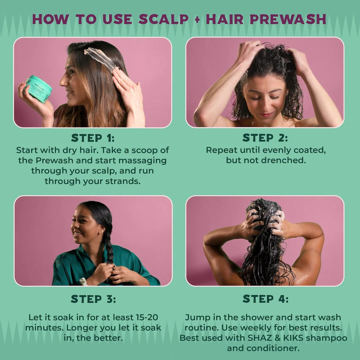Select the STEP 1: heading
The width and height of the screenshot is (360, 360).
[93, 138]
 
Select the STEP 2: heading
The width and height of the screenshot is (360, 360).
[265, 138]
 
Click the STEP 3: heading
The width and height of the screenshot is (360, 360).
[93, 299]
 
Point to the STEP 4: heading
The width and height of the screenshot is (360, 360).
[265, 299]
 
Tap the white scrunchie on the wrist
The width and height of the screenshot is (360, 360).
[84, 282]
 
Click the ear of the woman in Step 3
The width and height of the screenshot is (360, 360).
[100, 230]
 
